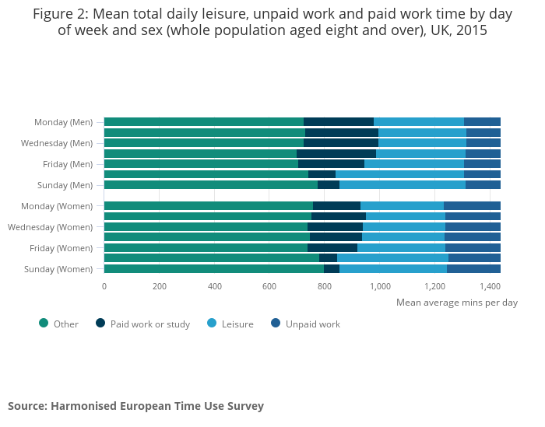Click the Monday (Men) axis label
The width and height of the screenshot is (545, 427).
pyautogui.click(x=63, y=122)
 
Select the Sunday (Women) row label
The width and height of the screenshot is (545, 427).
pyautogui.click(x=58, y=269)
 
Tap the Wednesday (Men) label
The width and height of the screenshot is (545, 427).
pyautogui.click(x=57, y=143)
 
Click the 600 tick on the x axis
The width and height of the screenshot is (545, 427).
pyautogui.click(x=269, y=286)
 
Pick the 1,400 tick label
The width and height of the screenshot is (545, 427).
pyautogui.click(x=490, y=286)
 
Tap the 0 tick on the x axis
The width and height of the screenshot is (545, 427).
pyautogui.click(x=104, y=286)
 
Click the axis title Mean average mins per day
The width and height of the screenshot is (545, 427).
pyautogui.click(x=456, y=303)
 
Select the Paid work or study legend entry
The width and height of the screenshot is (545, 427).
pyautogui.click(x=149, y=324)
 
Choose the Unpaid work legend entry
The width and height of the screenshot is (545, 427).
pyautogui.click(x=312, y=324)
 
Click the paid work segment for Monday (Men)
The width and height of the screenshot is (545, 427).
pyautogui.click(x=338, y=121)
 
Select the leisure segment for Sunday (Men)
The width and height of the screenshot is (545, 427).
pyautogui.click(x=402, y=185)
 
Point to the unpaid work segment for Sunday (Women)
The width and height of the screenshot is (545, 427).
pyautogui.click(x=473, y=269)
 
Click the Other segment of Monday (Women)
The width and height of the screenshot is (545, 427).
pyautogui.click(x=208, y=205)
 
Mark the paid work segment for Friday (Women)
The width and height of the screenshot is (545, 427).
pyautogui.click(x=332, y=247)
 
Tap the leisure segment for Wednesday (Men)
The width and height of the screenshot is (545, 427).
pyautogui.click(x=422, y=142)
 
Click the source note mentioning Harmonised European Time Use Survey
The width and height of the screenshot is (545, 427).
pyautogui.click(x=135, y=406)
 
